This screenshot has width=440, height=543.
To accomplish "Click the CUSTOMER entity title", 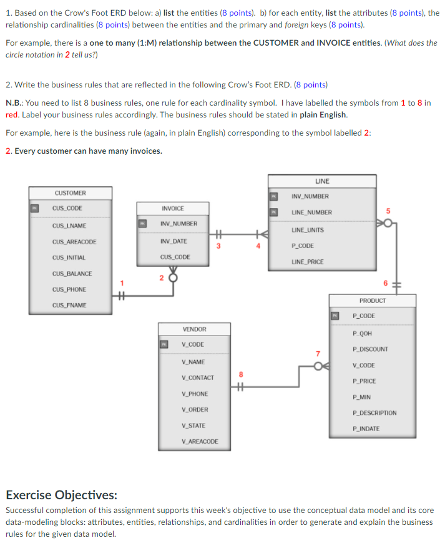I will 70,193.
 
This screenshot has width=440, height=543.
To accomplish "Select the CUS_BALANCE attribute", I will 72,274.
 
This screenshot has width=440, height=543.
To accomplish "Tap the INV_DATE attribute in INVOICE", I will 174,241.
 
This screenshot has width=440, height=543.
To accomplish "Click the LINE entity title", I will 322,181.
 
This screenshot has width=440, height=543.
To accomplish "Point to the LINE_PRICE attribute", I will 308,262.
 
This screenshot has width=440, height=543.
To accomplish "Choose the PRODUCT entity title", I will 373,301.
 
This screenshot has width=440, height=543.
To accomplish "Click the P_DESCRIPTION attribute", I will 374,413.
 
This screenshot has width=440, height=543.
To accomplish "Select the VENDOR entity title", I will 194,329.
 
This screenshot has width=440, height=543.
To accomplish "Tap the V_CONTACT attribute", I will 198,377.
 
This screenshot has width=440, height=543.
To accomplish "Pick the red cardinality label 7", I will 317,354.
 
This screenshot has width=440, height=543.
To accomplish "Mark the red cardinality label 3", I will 218,246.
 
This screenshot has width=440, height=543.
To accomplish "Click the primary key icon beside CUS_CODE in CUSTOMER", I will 36,208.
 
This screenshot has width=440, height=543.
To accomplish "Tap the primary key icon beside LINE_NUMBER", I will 273,212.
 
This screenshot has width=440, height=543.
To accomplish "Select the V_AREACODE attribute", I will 200,441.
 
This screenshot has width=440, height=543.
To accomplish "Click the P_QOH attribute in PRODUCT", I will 362,333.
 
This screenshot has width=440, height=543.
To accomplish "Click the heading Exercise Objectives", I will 61,496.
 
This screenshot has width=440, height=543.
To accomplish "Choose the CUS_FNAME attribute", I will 69,305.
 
